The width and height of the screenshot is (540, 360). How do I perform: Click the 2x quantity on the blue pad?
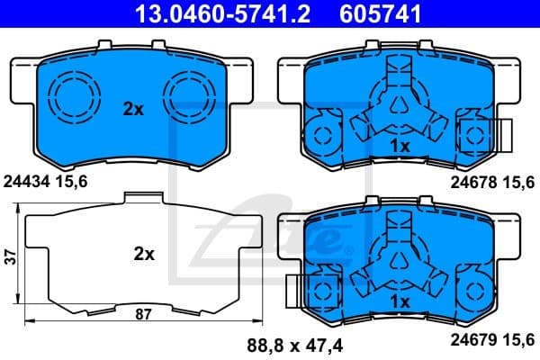[133, 110]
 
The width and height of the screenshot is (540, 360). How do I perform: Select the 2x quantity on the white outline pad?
[144, 255]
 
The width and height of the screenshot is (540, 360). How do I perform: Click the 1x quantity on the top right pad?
[400, 145]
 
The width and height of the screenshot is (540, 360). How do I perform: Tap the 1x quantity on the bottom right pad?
[400, 301]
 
